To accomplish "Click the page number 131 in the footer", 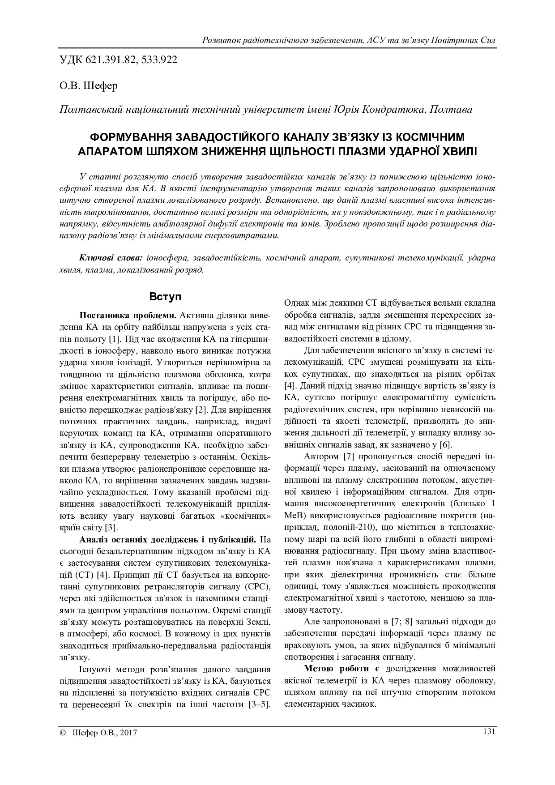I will coord(489,731).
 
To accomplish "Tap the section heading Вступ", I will coord(165,297).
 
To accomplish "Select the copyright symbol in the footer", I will coord(62,733).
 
